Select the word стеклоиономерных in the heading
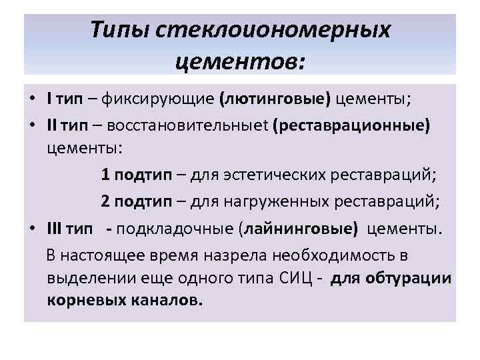[273, 30]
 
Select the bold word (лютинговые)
[274, 100]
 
